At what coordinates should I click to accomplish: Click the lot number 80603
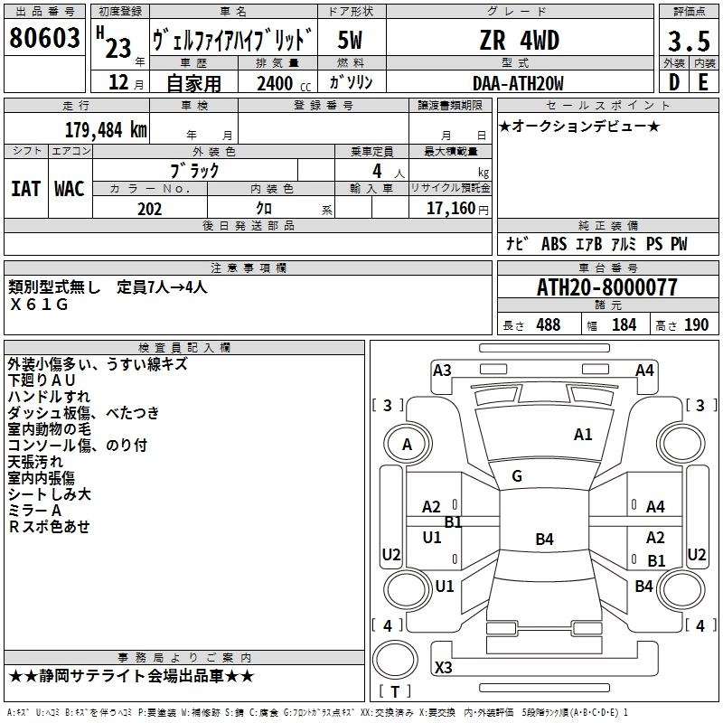point(44,37)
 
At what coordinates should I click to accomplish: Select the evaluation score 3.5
point(689,41)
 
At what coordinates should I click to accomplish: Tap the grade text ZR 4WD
point(520,40)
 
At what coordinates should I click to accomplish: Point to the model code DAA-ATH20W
point(518,83)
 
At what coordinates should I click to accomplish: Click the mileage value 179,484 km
point(106,129)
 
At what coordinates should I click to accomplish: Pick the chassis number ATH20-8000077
point(606,287)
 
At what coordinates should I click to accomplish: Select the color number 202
point(149,209)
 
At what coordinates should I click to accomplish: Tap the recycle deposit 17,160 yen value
point(457,209)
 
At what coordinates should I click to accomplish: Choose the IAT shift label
point(26,189)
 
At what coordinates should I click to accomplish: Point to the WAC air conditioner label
point(70,189)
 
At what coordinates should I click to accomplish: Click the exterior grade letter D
point(674,82)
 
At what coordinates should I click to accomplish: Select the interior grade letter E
point(703,82)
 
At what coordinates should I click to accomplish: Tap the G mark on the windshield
point(517,476)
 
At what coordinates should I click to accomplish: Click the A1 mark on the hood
point(583,435)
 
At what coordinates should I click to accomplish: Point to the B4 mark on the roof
point(545,539)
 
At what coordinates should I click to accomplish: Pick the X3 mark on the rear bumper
point(444,667)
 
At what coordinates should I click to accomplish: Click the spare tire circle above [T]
point(395,660)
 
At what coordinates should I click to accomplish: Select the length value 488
point(549,325)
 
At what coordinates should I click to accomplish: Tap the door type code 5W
point(350,40)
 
